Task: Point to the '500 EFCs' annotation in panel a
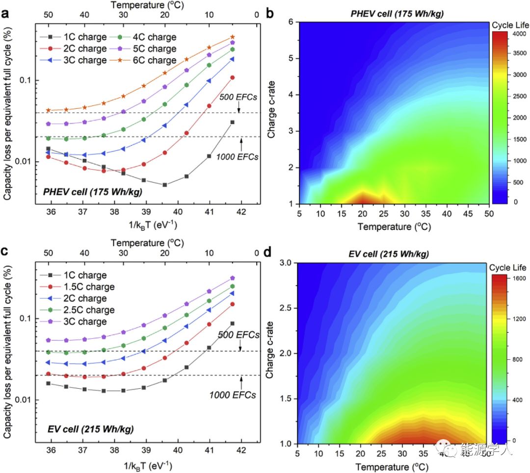238,97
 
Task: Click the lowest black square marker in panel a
165,185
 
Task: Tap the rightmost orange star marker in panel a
233,37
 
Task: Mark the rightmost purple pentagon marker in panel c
233,278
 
